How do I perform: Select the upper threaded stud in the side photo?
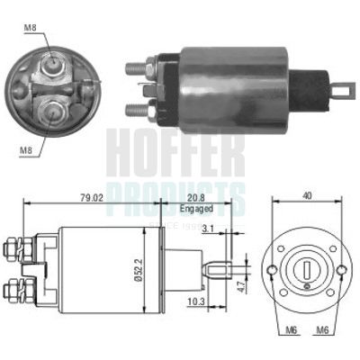(135, 66)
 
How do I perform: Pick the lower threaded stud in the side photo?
(135, 110)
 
